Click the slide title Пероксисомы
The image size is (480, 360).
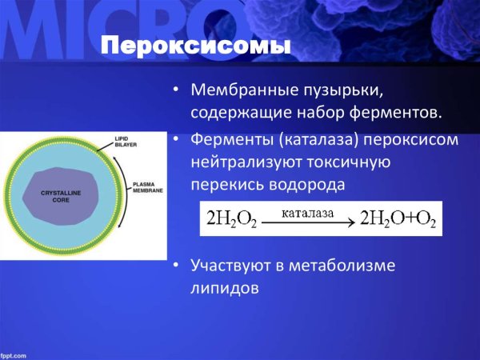point(195,46)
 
